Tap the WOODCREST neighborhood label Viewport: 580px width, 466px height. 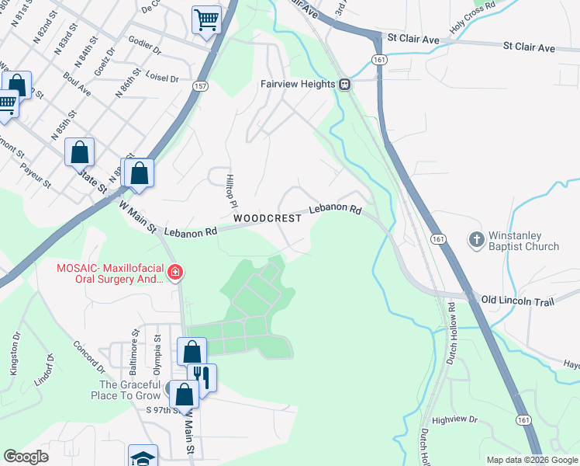[x=267, y=219]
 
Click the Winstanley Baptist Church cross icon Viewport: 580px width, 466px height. [x=477, y=240]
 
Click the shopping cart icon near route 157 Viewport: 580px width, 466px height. [x=206, y=19]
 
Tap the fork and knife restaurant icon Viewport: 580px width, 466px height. [x=201, y=377]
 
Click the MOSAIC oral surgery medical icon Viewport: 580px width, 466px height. [x=175, y=272]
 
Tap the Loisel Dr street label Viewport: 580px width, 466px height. [x=163, y=78]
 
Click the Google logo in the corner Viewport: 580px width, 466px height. [x=26, y=457]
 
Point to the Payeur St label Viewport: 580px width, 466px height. [x=36, y=175]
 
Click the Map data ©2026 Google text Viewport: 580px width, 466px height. [x=530, y=460]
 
